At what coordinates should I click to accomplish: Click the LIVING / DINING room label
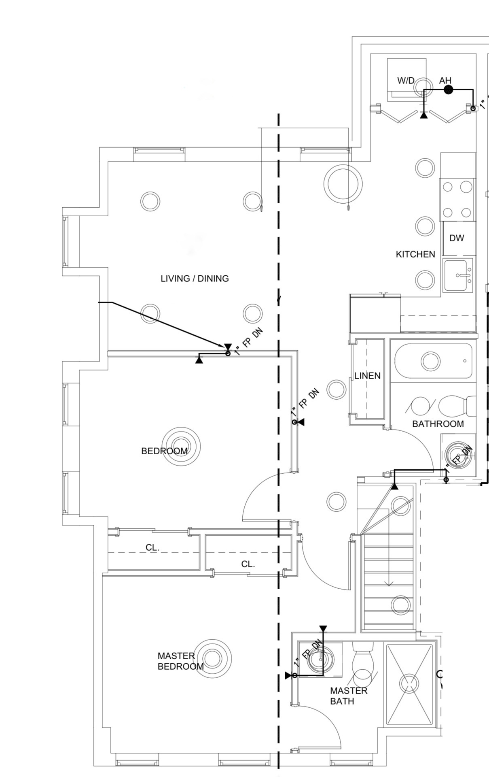195,279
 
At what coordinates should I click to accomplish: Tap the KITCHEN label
415,254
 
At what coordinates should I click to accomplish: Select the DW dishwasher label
457,238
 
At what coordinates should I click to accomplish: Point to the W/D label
406,80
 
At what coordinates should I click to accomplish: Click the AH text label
445,81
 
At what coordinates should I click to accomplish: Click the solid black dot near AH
448,90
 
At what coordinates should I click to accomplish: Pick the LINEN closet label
367,376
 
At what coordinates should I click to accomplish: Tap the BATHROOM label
438,424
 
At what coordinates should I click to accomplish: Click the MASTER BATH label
349,696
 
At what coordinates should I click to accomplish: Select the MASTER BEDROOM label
180,661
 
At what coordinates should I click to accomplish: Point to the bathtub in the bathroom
433,361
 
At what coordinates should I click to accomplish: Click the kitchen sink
458,275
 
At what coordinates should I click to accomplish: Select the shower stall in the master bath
409,684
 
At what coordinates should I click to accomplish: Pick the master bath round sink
321,659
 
